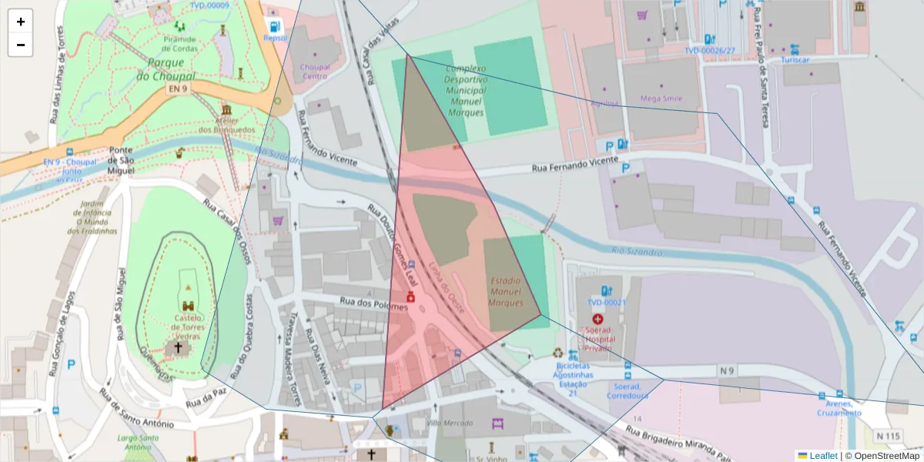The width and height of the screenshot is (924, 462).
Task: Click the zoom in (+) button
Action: (20, 22)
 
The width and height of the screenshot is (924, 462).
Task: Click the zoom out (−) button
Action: (20, 45)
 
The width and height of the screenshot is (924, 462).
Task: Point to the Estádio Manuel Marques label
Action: (505, 292)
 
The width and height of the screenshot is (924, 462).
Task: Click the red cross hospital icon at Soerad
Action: (598, 319)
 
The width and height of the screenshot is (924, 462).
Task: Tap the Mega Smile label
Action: (661, 99)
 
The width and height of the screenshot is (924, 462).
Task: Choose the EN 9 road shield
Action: (178, 89)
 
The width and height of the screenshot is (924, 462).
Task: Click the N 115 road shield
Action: (888, 437)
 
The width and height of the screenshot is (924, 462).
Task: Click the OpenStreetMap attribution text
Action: (887, 455)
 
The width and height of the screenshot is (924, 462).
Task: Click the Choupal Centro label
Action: (314, 72)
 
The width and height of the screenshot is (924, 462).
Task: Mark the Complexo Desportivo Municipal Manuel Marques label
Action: (466, 90)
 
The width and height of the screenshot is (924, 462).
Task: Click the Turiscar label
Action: (795, 59)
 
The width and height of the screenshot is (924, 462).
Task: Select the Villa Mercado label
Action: (450, 423)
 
